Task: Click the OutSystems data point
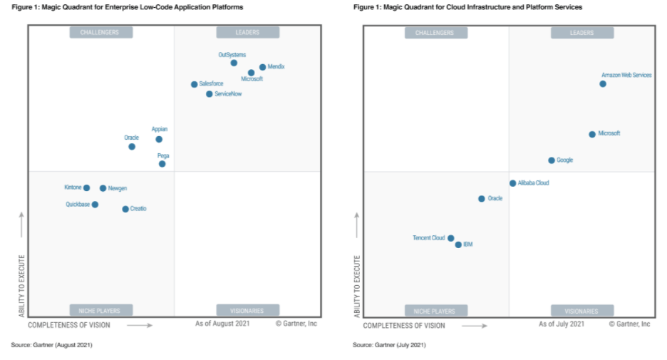coord(234,63)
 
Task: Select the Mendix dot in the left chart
coord(262,67)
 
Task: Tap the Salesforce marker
coord(194,84)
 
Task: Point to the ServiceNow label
coord(228,94)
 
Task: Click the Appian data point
coord(159,139)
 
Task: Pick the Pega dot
coord(162,164)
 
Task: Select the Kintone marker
coord(86,188)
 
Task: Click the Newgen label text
coord(117,188)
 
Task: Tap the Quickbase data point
coord(95,205)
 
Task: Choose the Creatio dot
coord(125,209)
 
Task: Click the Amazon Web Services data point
coord(603,83)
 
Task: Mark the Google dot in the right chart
coord(552,160)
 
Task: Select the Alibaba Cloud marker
coord(512,183)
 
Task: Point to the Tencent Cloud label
coord(428,238)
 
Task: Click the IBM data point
coord(458,245)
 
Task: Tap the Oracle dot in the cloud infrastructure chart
coord(482,199)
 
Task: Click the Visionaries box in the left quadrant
coord(247,310)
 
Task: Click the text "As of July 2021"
coord(562,324)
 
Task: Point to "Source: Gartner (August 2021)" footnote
coord(51,345)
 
